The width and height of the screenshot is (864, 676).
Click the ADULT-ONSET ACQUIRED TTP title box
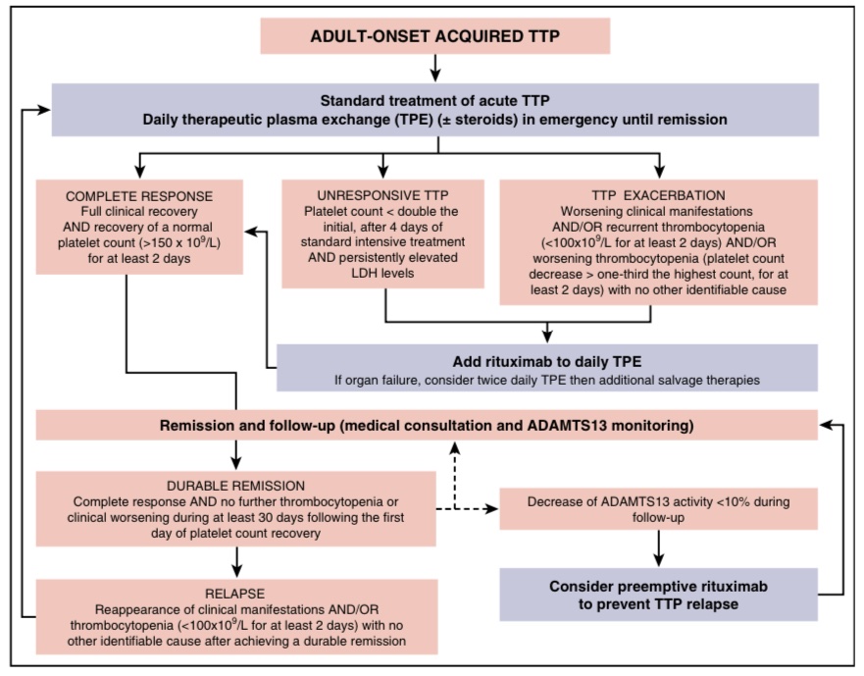(x=434, y=36)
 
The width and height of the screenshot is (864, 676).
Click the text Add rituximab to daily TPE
(x=545, y=360)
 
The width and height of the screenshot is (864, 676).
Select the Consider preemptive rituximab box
(x=657, y=595)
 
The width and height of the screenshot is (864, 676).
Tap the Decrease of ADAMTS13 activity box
(x=657, y=509)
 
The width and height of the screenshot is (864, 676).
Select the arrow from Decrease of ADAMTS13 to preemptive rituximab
(x=657, y=547)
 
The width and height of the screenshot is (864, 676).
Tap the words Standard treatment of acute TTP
(x=434, y=100)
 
